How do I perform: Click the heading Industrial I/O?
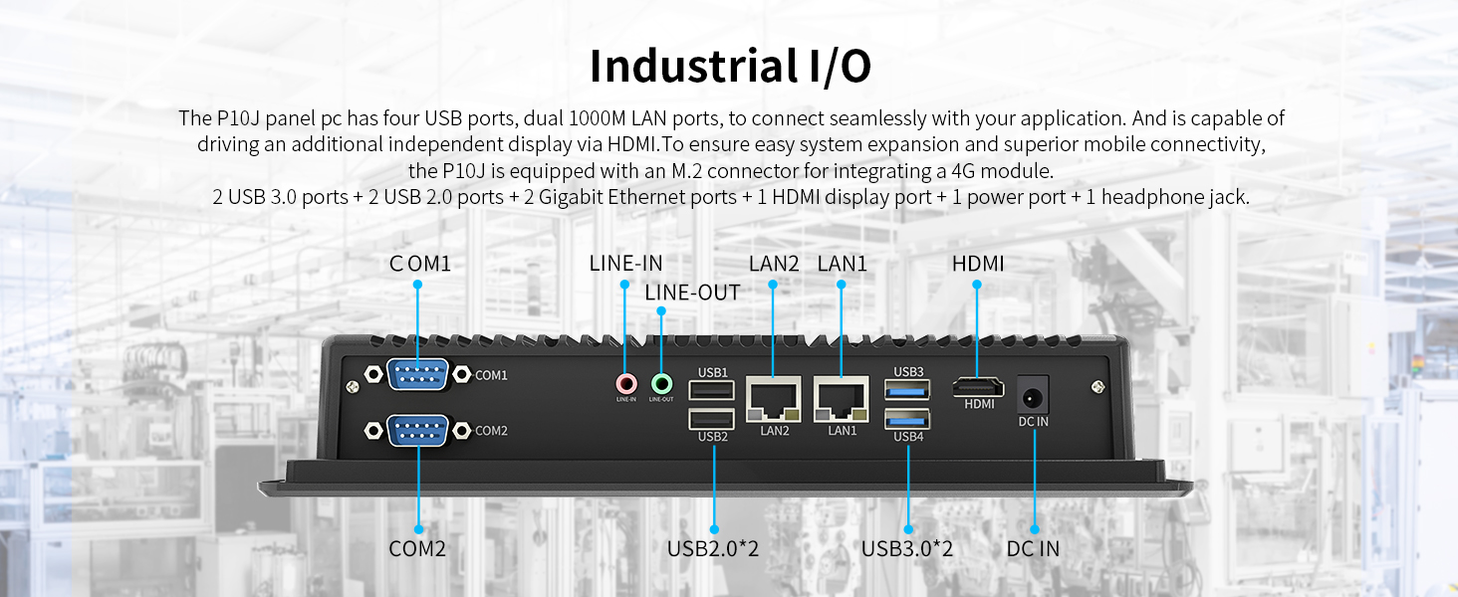[730, 66]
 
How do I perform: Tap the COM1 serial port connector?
[417, 374]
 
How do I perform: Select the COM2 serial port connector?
[417, 430]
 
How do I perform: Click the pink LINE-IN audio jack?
[625, 382]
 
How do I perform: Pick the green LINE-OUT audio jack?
[661, 382]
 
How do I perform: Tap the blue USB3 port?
[908, 389]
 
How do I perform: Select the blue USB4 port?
[908, 419]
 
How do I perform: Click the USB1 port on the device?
[712, 389]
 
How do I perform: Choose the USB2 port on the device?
[712, 419]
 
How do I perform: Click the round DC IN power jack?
[1034, 395]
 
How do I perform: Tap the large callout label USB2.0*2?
[713, 548]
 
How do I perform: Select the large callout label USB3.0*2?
[907, 548]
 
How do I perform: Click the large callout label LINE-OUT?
[692, 293]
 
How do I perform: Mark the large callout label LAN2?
[774, 264]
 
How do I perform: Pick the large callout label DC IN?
[1033, 548]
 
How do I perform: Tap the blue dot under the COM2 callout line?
[418, 529]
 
